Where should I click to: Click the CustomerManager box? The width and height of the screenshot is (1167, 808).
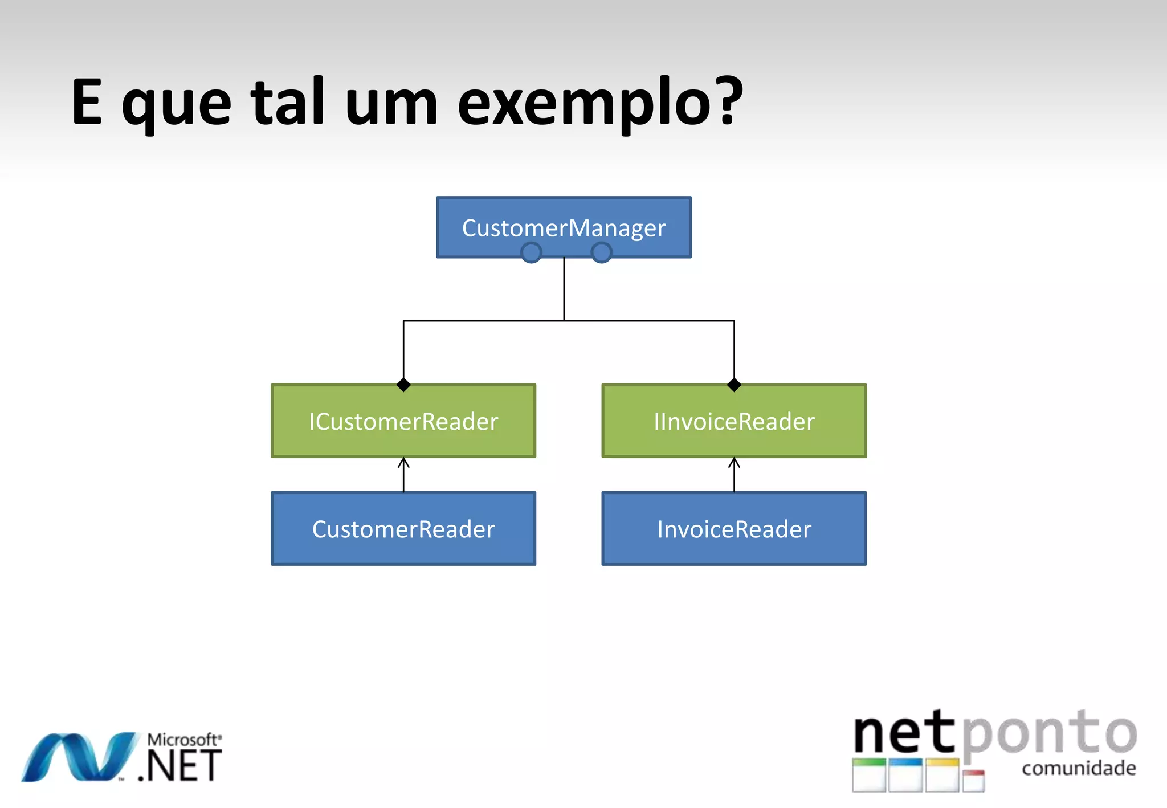click(x=564, y=227)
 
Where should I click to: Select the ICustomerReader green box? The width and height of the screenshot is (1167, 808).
click(x=403, y=421)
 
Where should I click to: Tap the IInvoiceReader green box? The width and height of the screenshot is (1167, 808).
click(x=734, y=421)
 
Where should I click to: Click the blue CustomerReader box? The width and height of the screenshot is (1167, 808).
click(x=403, y=529)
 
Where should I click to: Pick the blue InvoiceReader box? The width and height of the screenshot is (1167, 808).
click(x=734, y=529)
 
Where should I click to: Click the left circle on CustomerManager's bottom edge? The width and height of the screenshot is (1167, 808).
click(x=531, y=252)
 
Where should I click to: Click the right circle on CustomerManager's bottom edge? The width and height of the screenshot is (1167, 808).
click(x=601, y=252)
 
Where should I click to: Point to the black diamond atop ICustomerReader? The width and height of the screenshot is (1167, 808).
click(x=403, y=385)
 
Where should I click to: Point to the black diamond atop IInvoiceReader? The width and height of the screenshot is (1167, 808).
click(x=734, y=385)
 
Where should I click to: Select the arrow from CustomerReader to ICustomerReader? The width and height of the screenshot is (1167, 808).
click(x=403, y=474)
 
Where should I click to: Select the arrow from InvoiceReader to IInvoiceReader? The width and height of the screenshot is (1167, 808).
click(x=734, y=474)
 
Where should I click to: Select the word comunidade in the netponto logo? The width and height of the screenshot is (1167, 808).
click(x=1079, y=768)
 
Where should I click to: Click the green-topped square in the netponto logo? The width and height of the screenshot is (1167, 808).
click(x=869, y=775)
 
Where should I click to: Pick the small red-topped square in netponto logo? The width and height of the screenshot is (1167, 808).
click(x=973, y=781)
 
